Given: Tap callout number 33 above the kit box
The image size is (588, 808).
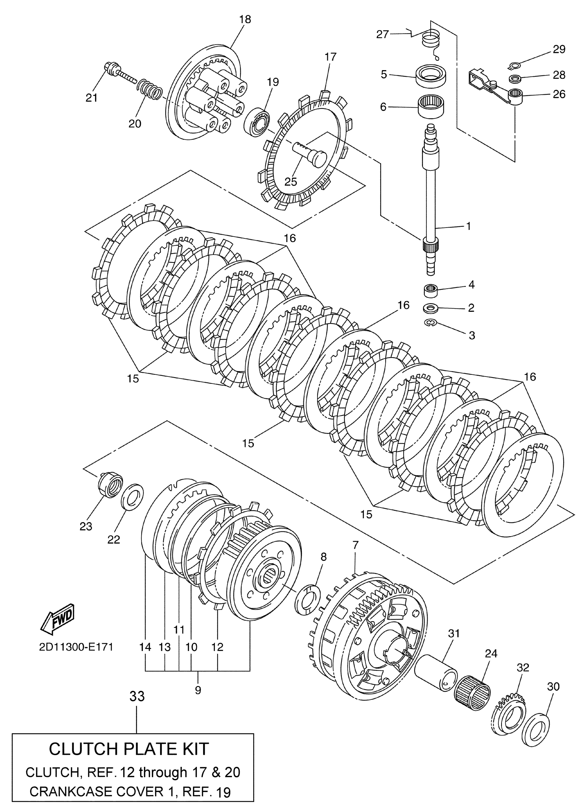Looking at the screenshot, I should (x=137, y=695).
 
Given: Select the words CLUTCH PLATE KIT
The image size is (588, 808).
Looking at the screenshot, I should (x=129, y=749).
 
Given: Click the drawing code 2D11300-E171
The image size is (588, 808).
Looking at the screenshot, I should (x=76, y=647).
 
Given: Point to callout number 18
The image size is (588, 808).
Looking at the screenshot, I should (x=245, y=19).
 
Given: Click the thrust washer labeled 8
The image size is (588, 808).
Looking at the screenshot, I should (x=307, y=598).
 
